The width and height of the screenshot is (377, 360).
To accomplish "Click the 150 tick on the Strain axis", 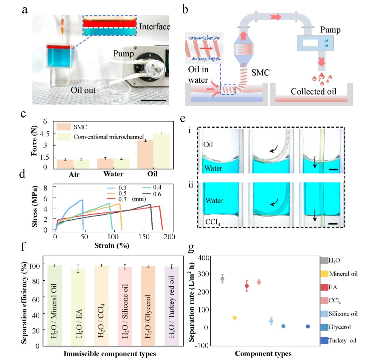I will [x=144, y=237].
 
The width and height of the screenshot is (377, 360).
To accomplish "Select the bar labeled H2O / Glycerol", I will [x=148, y=305].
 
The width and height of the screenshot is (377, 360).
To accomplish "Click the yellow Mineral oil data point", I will [x=235, y=318].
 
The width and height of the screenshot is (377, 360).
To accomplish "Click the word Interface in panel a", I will [x=154, y=27].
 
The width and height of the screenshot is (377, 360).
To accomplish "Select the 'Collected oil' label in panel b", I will [x=313, y=91].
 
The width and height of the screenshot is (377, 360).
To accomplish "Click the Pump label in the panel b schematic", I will [x=330, y=30].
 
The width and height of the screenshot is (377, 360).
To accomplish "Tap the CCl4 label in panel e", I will [x=213, y=222].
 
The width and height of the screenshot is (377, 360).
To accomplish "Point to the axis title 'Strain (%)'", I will [x=111, y=246].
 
